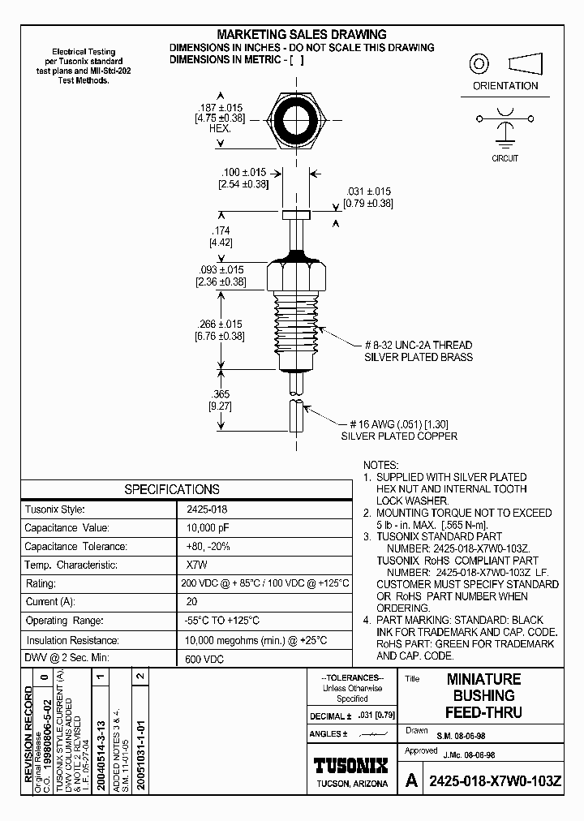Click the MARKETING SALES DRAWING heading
point(301,34)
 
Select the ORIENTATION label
point(505,86)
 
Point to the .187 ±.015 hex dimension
point(221,108)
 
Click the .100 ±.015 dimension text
point(243,173)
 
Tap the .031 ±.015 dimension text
point(368,191)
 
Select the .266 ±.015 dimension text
point(220,325)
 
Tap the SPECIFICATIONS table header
point(171,489)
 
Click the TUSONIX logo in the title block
point(350,765)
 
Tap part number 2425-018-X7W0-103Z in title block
point(494,781)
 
